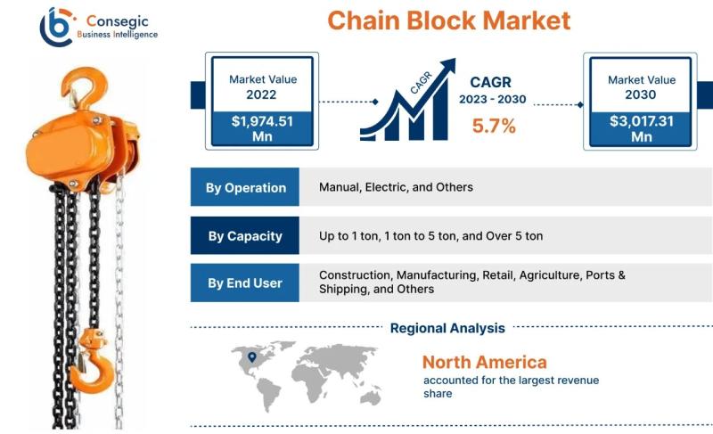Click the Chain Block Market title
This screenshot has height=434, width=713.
click(x=449, y=20)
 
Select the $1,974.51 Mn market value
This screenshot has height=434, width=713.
click(x=262, y=128)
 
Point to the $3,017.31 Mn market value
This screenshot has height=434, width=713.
click(x=641, y=128)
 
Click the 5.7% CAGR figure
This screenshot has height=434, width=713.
click(x=494, y=126)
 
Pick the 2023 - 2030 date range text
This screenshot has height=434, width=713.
click(x=493, y=99)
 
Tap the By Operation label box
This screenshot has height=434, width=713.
click(x=245, y=187)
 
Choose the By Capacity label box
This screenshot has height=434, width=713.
click(x=245, y=235)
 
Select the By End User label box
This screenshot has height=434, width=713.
click(x=245, y=283)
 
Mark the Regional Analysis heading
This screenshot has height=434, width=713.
click(x=447, y=328)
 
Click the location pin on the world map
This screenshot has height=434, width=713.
click(x=252, y=357)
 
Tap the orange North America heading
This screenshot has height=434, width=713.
click(x=484, y=362)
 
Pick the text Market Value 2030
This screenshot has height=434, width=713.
click(x=641, y=86)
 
